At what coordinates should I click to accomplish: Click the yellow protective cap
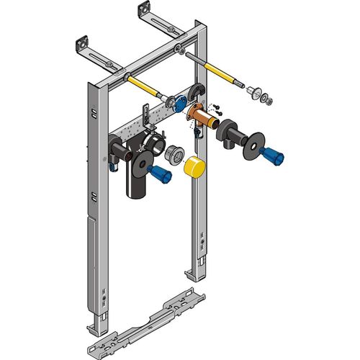(x=194, y=168)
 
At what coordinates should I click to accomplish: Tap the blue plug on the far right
(x=273, y=153)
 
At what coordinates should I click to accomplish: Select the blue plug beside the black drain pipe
(x=160, y=174)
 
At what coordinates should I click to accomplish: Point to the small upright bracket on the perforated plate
(x=147, y=115)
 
